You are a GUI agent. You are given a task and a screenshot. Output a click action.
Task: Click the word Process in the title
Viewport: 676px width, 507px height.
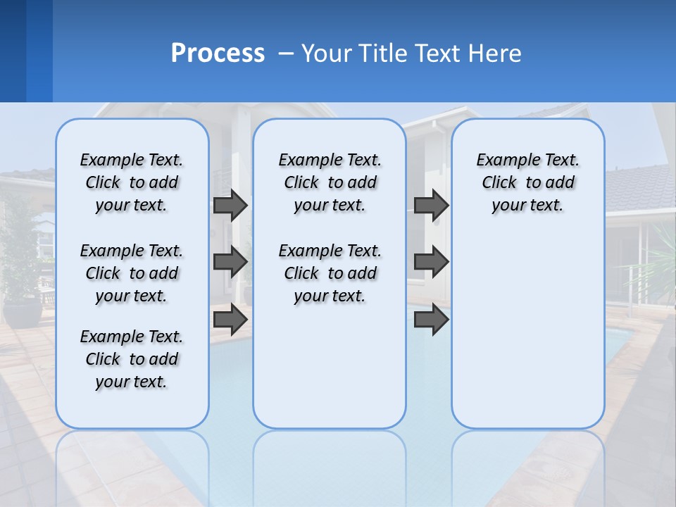(x=218, y=53)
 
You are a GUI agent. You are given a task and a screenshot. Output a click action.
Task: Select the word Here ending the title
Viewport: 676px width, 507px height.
(x=496, y=53)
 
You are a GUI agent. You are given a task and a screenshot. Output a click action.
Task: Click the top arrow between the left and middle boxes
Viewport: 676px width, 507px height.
(x=230, y=206)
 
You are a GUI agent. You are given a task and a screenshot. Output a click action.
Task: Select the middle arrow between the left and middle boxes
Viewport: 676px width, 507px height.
(x=230, y=262)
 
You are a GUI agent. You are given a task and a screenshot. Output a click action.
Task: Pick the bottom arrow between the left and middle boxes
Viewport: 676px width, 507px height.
(x=230, y=320)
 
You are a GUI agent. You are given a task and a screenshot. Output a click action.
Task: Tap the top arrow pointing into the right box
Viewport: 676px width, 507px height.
(x=431, y=206)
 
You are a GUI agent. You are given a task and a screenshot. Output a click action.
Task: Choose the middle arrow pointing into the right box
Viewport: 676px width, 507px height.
(x=431, y=262)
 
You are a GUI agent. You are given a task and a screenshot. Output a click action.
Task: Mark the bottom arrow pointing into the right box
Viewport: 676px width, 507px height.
(x=431, y=320)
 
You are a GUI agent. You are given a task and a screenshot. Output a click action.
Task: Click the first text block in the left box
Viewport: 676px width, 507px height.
(x=132, y=182)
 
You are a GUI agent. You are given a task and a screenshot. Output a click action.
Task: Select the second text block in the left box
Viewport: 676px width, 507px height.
(x=132, y=273)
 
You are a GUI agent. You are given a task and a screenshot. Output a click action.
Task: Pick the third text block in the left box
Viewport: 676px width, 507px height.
(x=132, y=359)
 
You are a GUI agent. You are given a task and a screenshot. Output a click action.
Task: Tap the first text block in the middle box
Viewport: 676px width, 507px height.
(x=330, y=182)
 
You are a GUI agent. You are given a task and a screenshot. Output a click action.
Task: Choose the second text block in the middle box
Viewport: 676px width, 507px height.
(x=330, y=273)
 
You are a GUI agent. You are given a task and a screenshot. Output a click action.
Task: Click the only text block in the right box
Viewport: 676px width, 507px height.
(x=527, y=182)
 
